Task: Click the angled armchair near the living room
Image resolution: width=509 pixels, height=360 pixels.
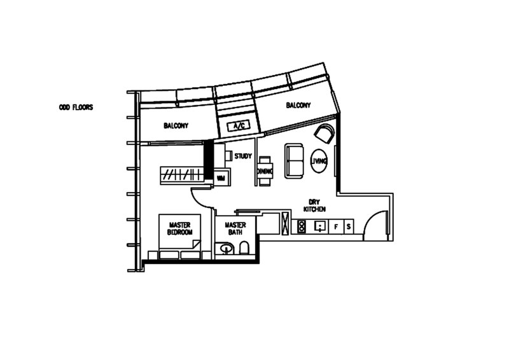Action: tap(323, 135)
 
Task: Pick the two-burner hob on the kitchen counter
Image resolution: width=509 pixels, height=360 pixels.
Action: tap(302, 226)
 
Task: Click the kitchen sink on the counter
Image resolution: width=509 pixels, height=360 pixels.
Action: tap(321, 226)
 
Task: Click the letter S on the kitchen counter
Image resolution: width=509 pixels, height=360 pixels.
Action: tap(349, 226)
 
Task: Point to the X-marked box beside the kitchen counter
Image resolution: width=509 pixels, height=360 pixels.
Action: tap(282, 223)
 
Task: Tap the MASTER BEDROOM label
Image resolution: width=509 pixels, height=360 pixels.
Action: tap(179, 226)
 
